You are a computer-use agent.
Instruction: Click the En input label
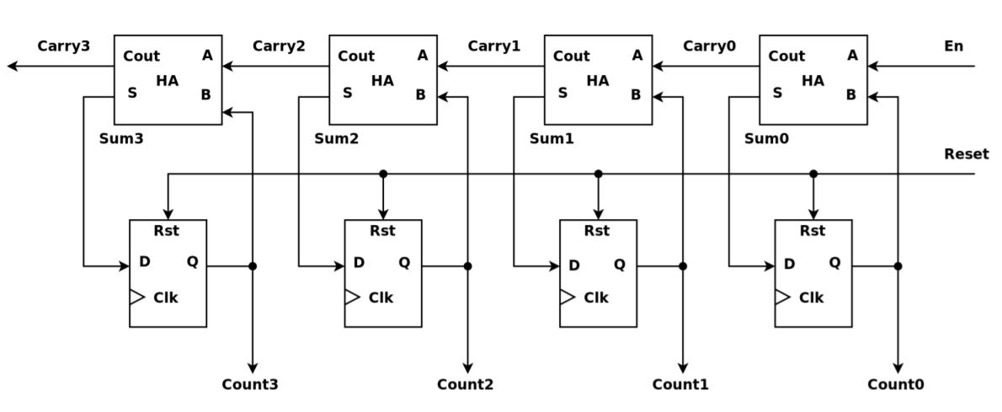tap(953, 46)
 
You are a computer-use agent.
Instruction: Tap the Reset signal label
tap(966, 154)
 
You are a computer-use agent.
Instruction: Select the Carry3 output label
tap(63, 46)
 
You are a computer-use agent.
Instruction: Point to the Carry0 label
tap(709, 46)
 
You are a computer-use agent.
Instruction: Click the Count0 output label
tap(896, 385)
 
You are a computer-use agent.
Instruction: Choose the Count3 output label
tap(250, 385)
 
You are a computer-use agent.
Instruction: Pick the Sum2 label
tap(336, 139)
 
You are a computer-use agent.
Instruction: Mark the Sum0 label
tap(766, 139)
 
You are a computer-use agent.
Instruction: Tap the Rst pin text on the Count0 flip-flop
tap(813, 231)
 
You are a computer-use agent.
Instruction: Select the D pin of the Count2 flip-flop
tap(359, 263)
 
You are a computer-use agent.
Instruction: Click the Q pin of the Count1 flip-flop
tap(620, 263)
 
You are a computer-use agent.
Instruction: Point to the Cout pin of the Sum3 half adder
tap(141, 56)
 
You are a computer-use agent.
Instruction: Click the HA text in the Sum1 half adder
tap(598, 81)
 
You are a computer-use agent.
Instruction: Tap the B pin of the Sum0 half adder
tap(850, 95)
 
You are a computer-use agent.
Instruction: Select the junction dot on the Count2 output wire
tap(467, 266)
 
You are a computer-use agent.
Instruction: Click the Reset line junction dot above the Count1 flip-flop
tap(598, 174)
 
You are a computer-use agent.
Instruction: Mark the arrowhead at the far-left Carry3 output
tap(13, 67)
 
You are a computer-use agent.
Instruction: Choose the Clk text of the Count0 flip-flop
tap(811, 297)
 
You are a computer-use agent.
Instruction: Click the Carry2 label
tap(279, 46)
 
